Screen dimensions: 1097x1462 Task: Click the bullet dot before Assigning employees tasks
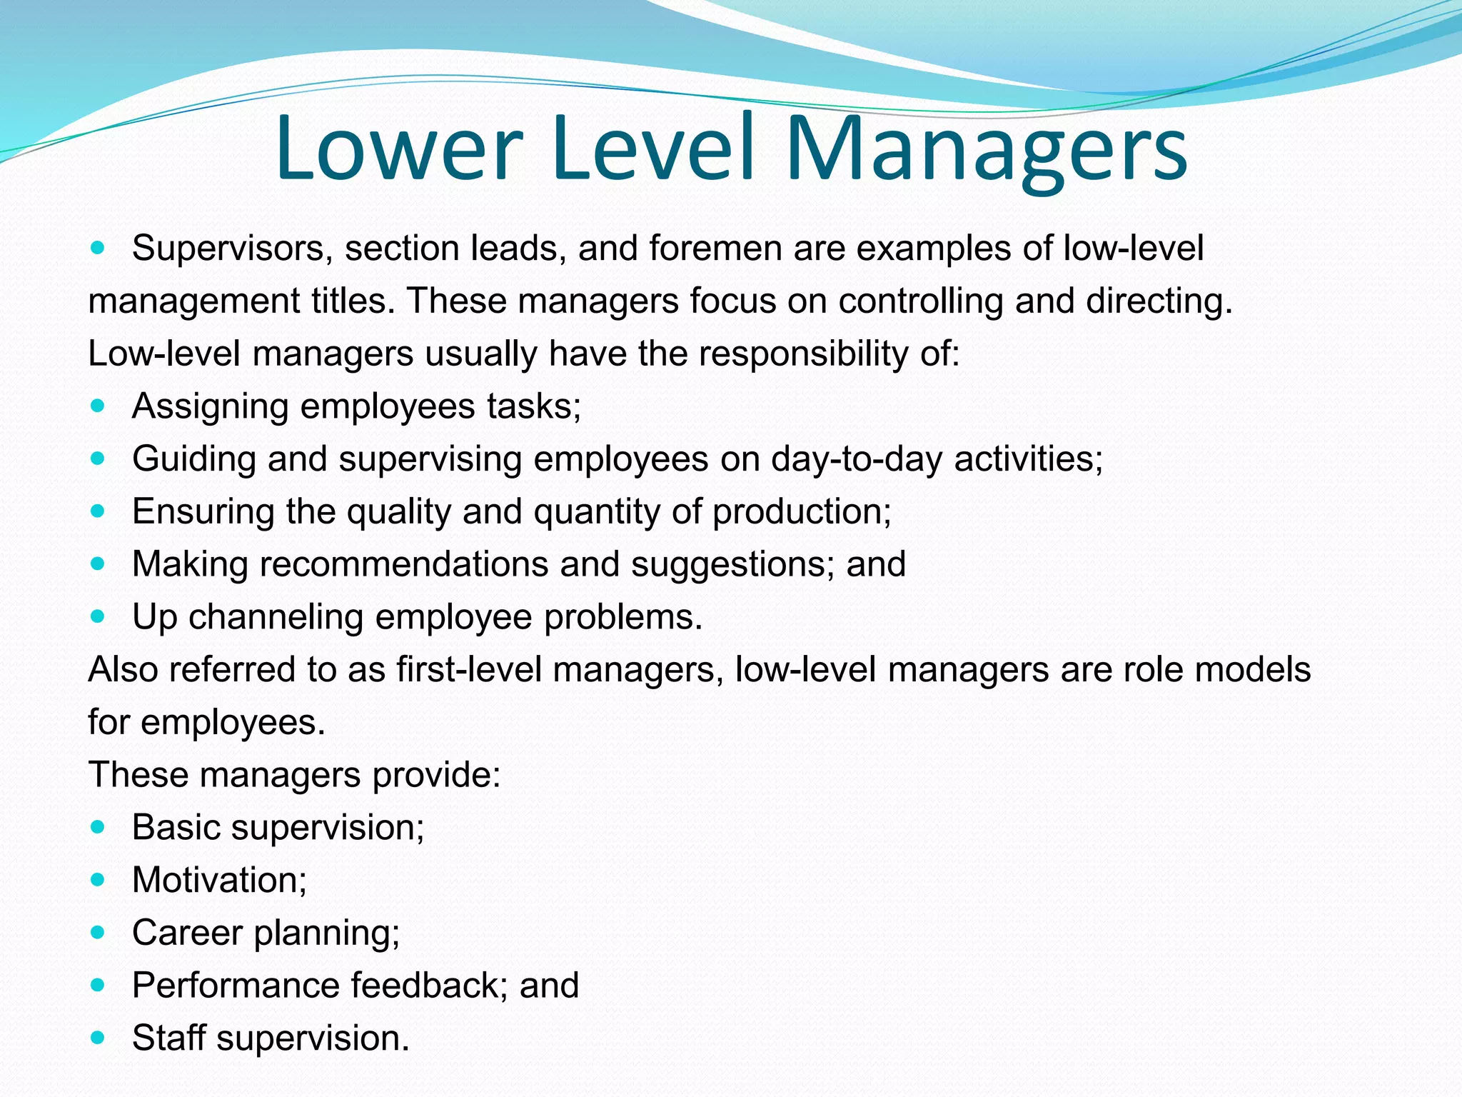pos(98,406)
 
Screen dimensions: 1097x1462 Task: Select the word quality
pos(399,512)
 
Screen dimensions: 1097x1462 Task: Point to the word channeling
pos(276,617)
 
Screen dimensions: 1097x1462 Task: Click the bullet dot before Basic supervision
pos(98,827)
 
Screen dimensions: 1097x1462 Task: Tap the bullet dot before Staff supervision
pos(98,1037)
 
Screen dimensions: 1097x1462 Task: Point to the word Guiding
pos(194,459)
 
